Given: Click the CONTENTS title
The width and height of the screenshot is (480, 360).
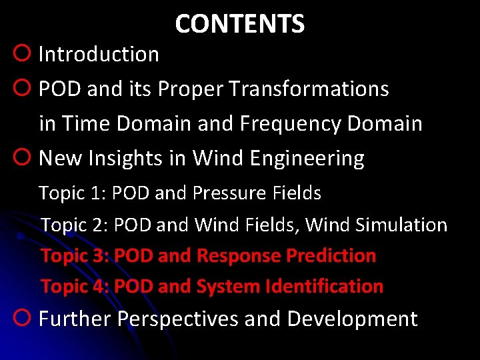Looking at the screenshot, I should click(239, 24).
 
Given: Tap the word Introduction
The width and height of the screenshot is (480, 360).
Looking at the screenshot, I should click(99, 54).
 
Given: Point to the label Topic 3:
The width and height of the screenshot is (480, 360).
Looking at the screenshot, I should click(75, 255).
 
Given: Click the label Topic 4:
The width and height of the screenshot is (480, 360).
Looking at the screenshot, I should click(75, 286).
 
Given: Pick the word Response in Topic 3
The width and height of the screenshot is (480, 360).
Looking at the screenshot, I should click(239, 255).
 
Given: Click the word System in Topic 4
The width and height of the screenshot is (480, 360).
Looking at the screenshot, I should click(229, 286).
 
